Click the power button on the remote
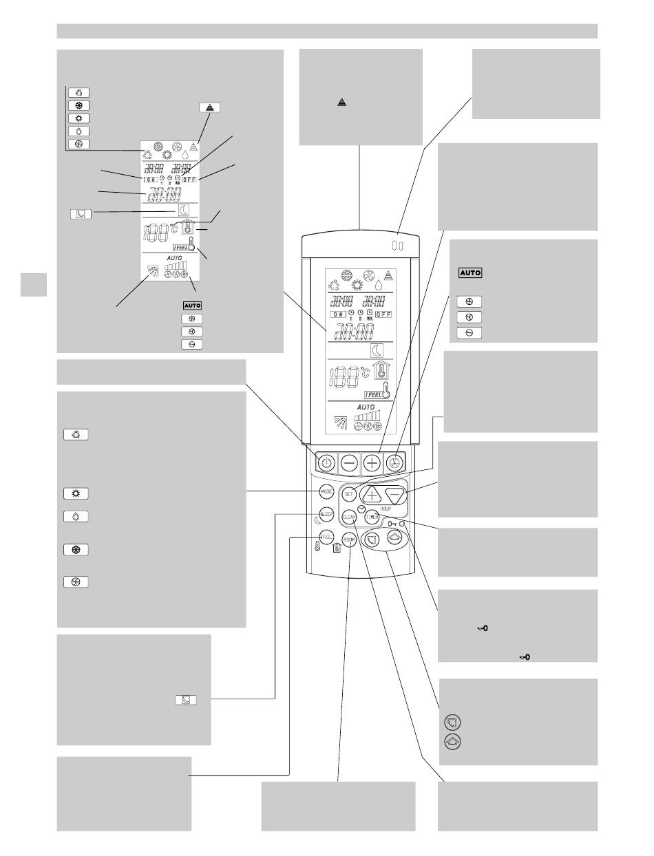pos(327,462)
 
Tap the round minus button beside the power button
pos(349,462)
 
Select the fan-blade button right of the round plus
pos(395,462)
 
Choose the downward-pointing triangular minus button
pos(396,494)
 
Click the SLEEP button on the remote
pos(326,515)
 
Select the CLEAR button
pos(349,515)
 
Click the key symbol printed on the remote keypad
pos(392,525)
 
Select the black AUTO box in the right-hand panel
pos(470,272)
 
